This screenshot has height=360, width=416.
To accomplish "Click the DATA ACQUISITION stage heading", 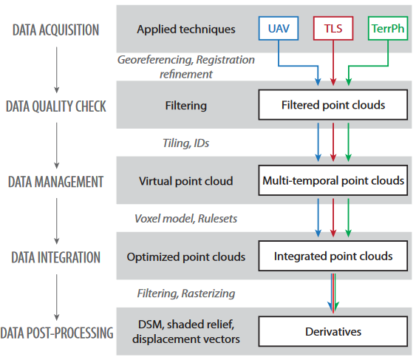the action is pyautogui.click(x=55, y=30).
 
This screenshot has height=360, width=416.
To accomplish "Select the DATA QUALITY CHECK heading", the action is pyautogui.click(x=55, y=106).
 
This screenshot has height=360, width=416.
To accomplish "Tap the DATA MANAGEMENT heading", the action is pyautogui.click(x=55, y=182).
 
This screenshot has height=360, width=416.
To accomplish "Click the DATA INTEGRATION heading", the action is pyautogui.click(x=55, y=257).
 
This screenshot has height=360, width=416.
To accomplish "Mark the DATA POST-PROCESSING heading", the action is pyautogui.click(x=56, y=333).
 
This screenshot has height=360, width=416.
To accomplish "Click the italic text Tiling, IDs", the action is pyautogui.click(x=185, y=143).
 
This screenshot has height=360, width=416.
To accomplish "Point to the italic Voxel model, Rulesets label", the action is pyautogui.click(x=185, y=219).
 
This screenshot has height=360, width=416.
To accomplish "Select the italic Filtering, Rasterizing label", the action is pyautogui.click(x=186, y=293).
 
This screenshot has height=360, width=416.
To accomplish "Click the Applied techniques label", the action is pyautogui.click(x=186, y=30).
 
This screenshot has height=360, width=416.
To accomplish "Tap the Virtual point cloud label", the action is pyautogui.click(x=185, y=181).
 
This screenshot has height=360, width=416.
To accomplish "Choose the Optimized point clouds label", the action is pyautogui.click(x=186, y=257).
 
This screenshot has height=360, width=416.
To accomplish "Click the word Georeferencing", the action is pyautogui.click(x=155, y=60).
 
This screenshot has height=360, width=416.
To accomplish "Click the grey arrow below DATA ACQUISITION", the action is pyautogui.click(x=56, y=69).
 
